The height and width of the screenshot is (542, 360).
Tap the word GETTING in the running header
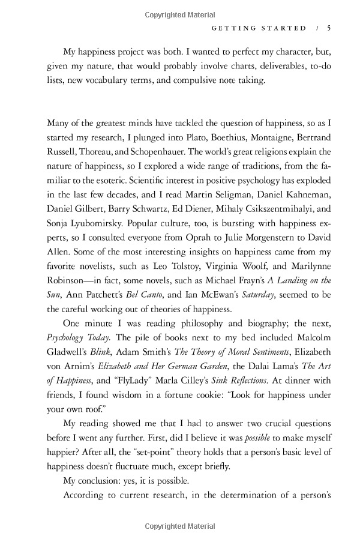point(227,28)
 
